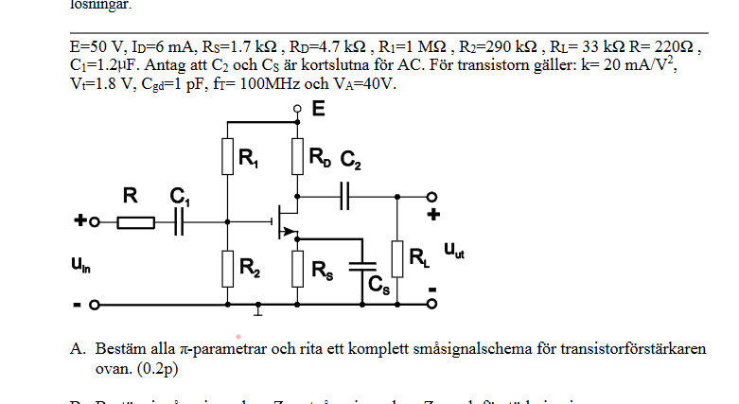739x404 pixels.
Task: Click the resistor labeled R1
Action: pos(228,156)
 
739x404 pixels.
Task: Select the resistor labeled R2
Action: pos(228,268)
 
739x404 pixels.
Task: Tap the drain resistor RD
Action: pos(297,156)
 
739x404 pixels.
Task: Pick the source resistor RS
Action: pos(297,268)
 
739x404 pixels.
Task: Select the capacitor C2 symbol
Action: pos(344,196)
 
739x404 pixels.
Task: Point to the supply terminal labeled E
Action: pos(297,110)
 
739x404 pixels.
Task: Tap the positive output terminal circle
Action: pos(432,197)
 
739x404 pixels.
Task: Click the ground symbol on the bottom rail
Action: pos(259,308)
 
